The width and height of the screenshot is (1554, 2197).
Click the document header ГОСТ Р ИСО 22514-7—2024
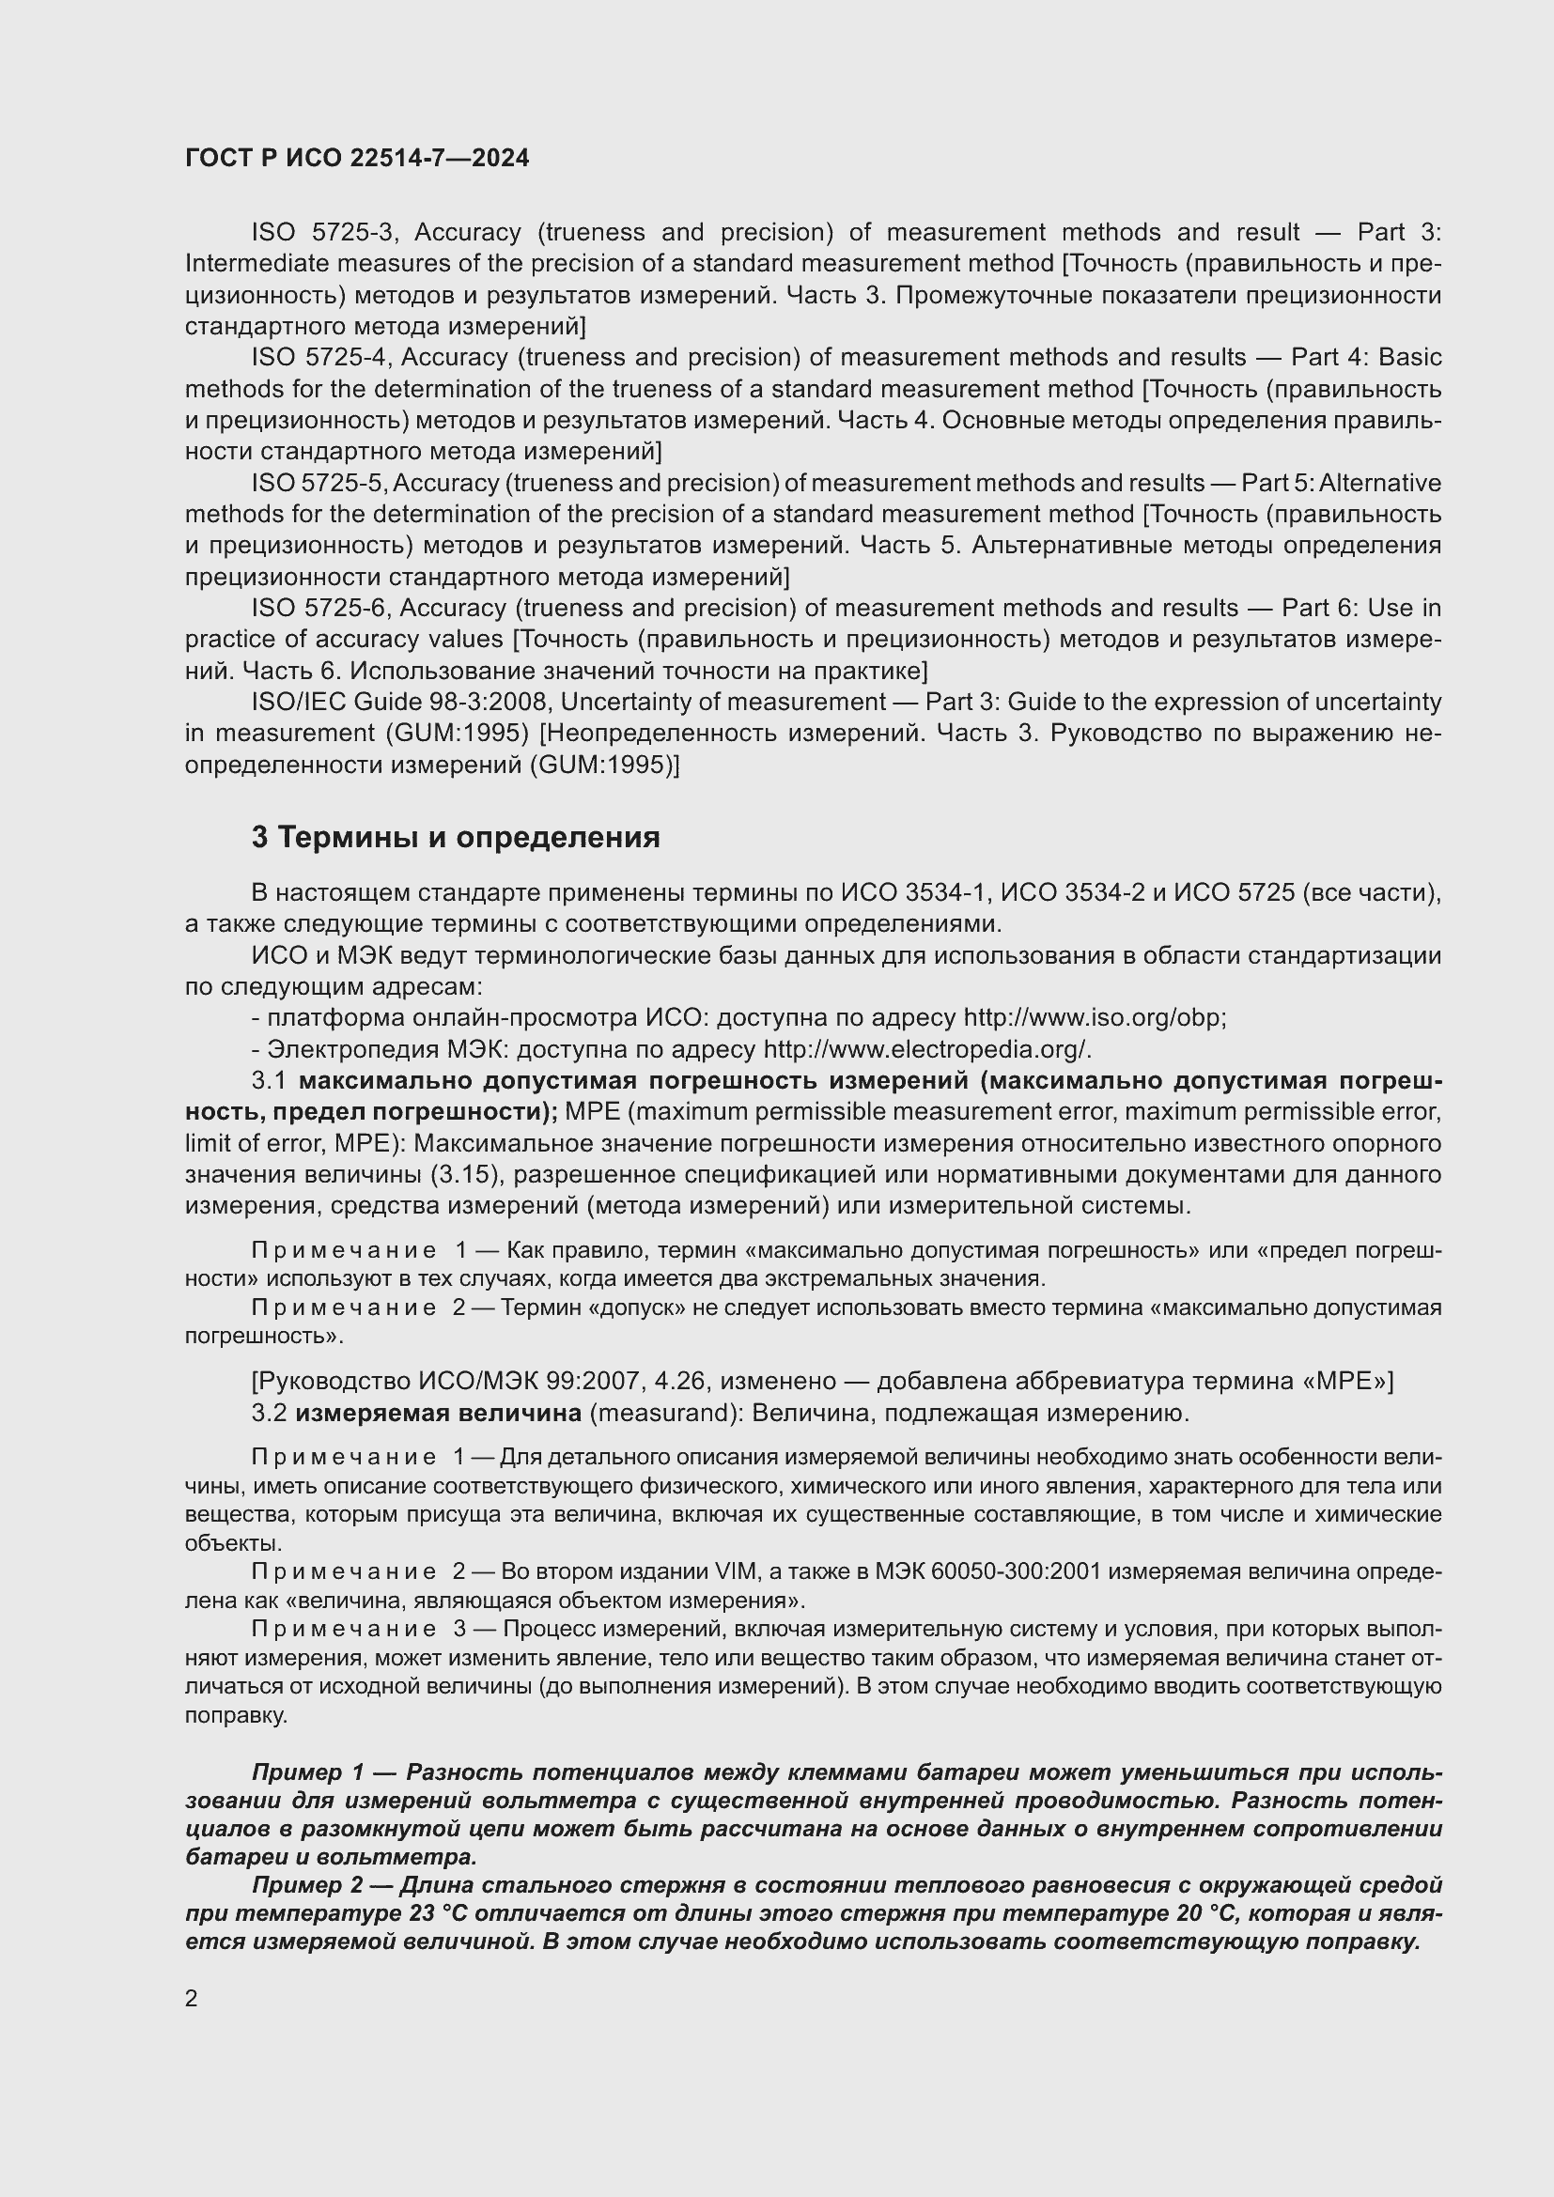click(x=357, y=159)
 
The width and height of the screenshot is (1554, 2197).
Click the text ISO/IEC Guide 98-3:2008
click(x=398, y=703)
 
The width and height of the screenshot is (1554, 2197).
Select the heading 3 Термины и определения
click(x=456, y=838)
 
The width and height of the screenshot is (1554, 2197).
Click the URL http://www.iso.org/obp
click(x=1094, y=1018)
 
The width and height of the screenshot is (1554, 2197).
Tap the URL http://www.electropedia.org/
click(x=926, y=1050)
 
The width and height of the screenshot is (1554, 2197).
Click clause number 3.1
click(x=269, y=1081)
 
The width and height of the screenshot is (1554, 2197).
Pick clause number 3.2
click(x=269, y=1414)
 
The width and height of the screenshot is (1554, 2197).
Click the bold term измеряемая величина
click(x=438, y=1414)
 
